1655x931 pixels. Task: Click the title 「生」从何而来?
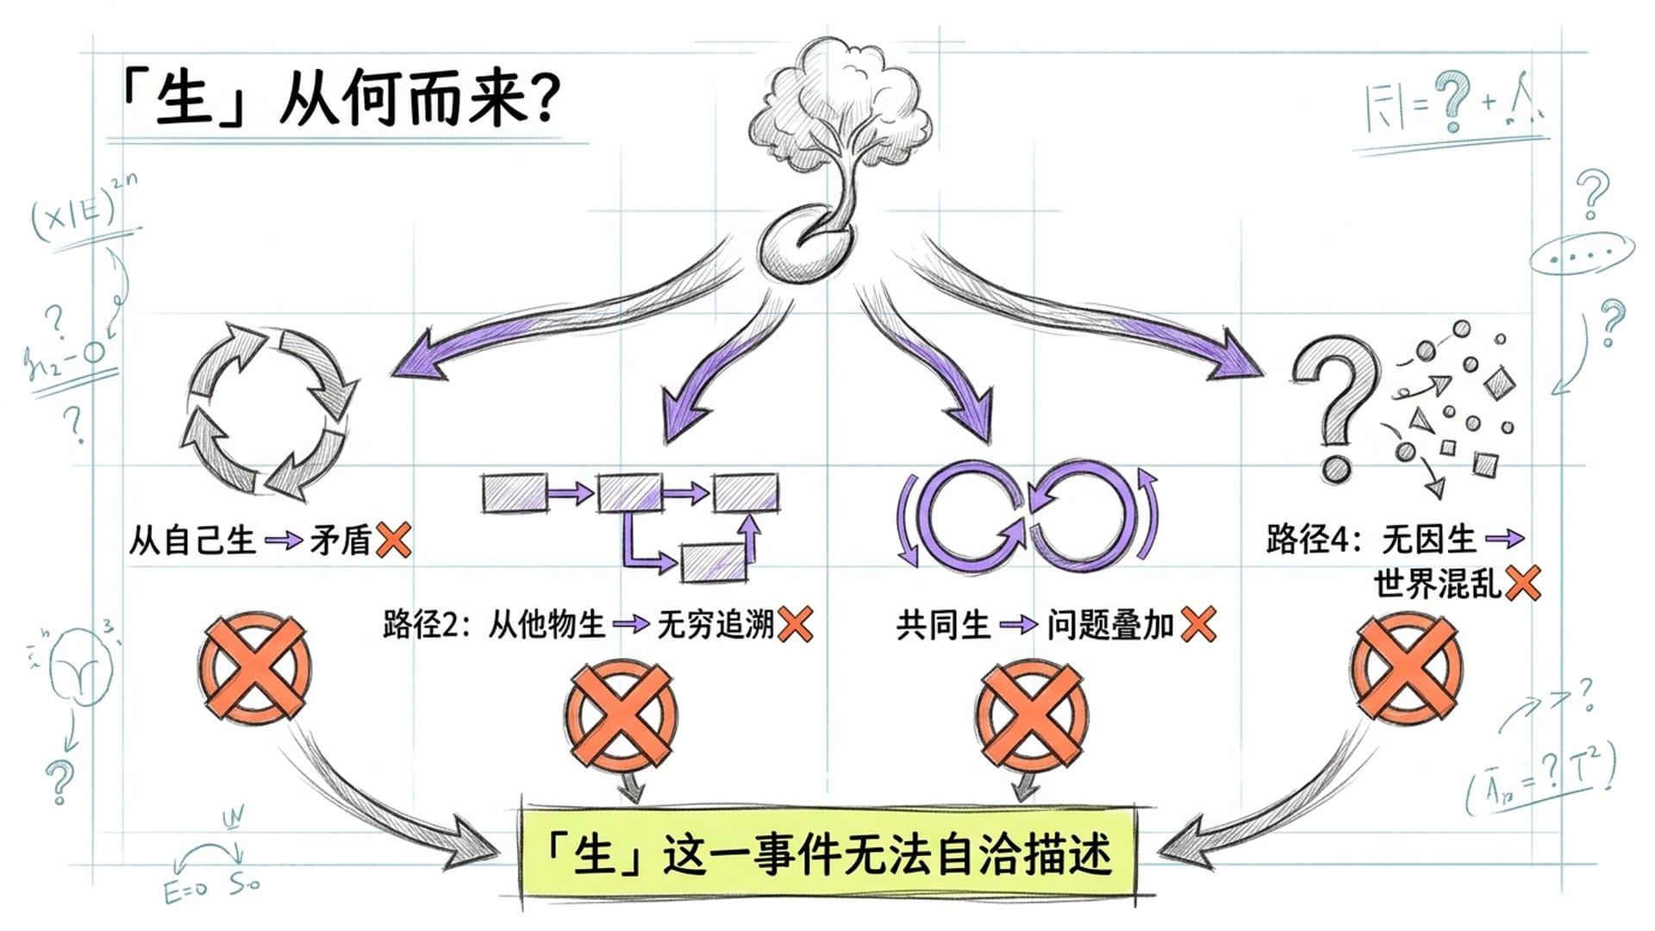340,99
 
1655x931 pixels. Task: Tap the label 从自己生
192,540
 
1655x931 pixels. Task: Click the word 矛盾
340,540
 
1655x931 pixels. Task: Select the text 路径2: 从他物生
493,624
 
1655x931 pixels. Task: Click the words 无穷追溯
715,624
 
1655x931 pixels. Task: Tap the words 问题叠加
1110,624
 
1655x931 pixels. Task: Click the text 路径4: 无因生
1371,540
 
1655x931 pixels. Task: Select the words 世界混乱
1438,584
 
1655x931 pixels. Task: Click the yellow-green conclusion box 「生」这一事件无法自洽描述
827,853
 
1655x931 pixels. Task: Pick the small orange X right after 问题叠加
1199,623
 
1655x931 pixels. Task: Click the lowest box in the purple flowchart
713,562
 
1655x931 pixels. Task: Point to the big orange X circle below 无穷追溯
621,715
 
